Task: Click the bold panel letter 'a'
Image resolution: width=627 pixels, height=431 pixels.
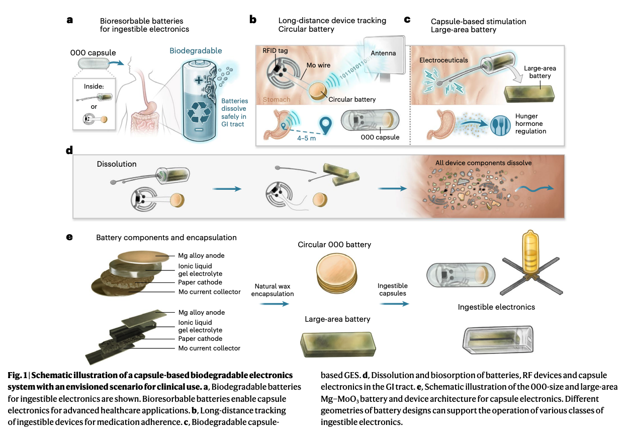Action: pyautogui.click(x=70, y=20)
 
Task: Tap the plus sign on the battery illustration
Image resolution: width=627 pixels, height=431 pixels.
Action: pyautogui.click(x=199, y=81)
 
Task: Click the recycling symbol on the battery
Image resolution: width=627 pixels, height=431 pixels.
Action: pyautogui.click(x=199, y=112)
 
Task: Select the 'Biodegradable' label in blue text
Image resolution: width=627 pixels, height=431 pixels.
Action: pyautogui.click(x=196, y=51)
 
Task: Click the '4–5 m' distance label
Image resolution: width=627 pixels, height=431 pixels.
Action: pyautogui.click(x=307, y=138)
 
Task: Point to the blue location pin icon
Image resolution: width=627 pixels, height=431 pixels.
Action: pyautogui.click(x=325, y=125)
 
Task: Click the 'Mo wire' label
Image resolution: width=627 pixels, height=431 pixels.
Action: pyautogui.click(x=318, y=65)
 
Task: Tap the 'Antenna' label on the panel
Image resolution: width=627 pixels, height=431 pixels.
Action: pyautogui.click(x=383, y=53)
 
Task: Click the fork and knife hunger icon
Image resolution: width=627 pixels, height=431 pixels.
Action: pyautogui.click(x=500, y=125)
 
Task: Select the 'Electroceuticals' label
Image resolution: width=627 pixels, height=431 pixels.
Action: pyautogui.click(x=443, y=60)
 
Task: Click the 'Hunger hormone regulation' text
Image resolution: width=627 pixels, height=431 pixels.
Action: pyautogui.click(x=530, y=123)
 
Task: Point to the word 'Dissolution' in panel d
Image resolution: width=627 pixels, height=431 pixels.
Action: pyautogui.click(x=117, y=164)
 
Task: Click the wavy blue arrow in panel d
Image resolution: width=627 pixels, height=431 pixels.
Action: pyautogui.click(x=534, y=189)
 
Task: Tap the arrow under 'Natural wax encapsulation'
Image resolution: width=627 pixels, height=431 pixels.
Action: pyautogui.click(x=275, y=304)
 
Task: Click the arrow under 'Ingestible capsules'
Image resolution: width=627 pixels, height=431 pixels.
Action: pyautogui.click(x=394, y=304)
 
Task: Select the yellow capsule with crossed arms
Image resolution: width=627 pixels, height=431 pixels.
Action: pyautogui.click(x=530, y=263)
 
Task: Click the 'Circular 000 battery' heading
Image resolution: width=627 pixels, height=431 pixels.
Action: pyautogui.click(x=334, y=245)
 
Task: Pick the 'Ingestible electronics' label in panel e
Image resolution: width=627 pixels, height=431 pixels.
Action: pyautogui.click(x=496, y=307)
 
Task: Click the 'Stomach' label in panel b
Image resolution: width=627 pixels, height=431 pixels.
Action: pyautogui.click(x=277, y=100)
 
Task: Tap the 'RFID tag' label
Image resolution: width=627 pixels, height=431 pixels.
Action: pyautogui.click(x=275, y=51)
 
